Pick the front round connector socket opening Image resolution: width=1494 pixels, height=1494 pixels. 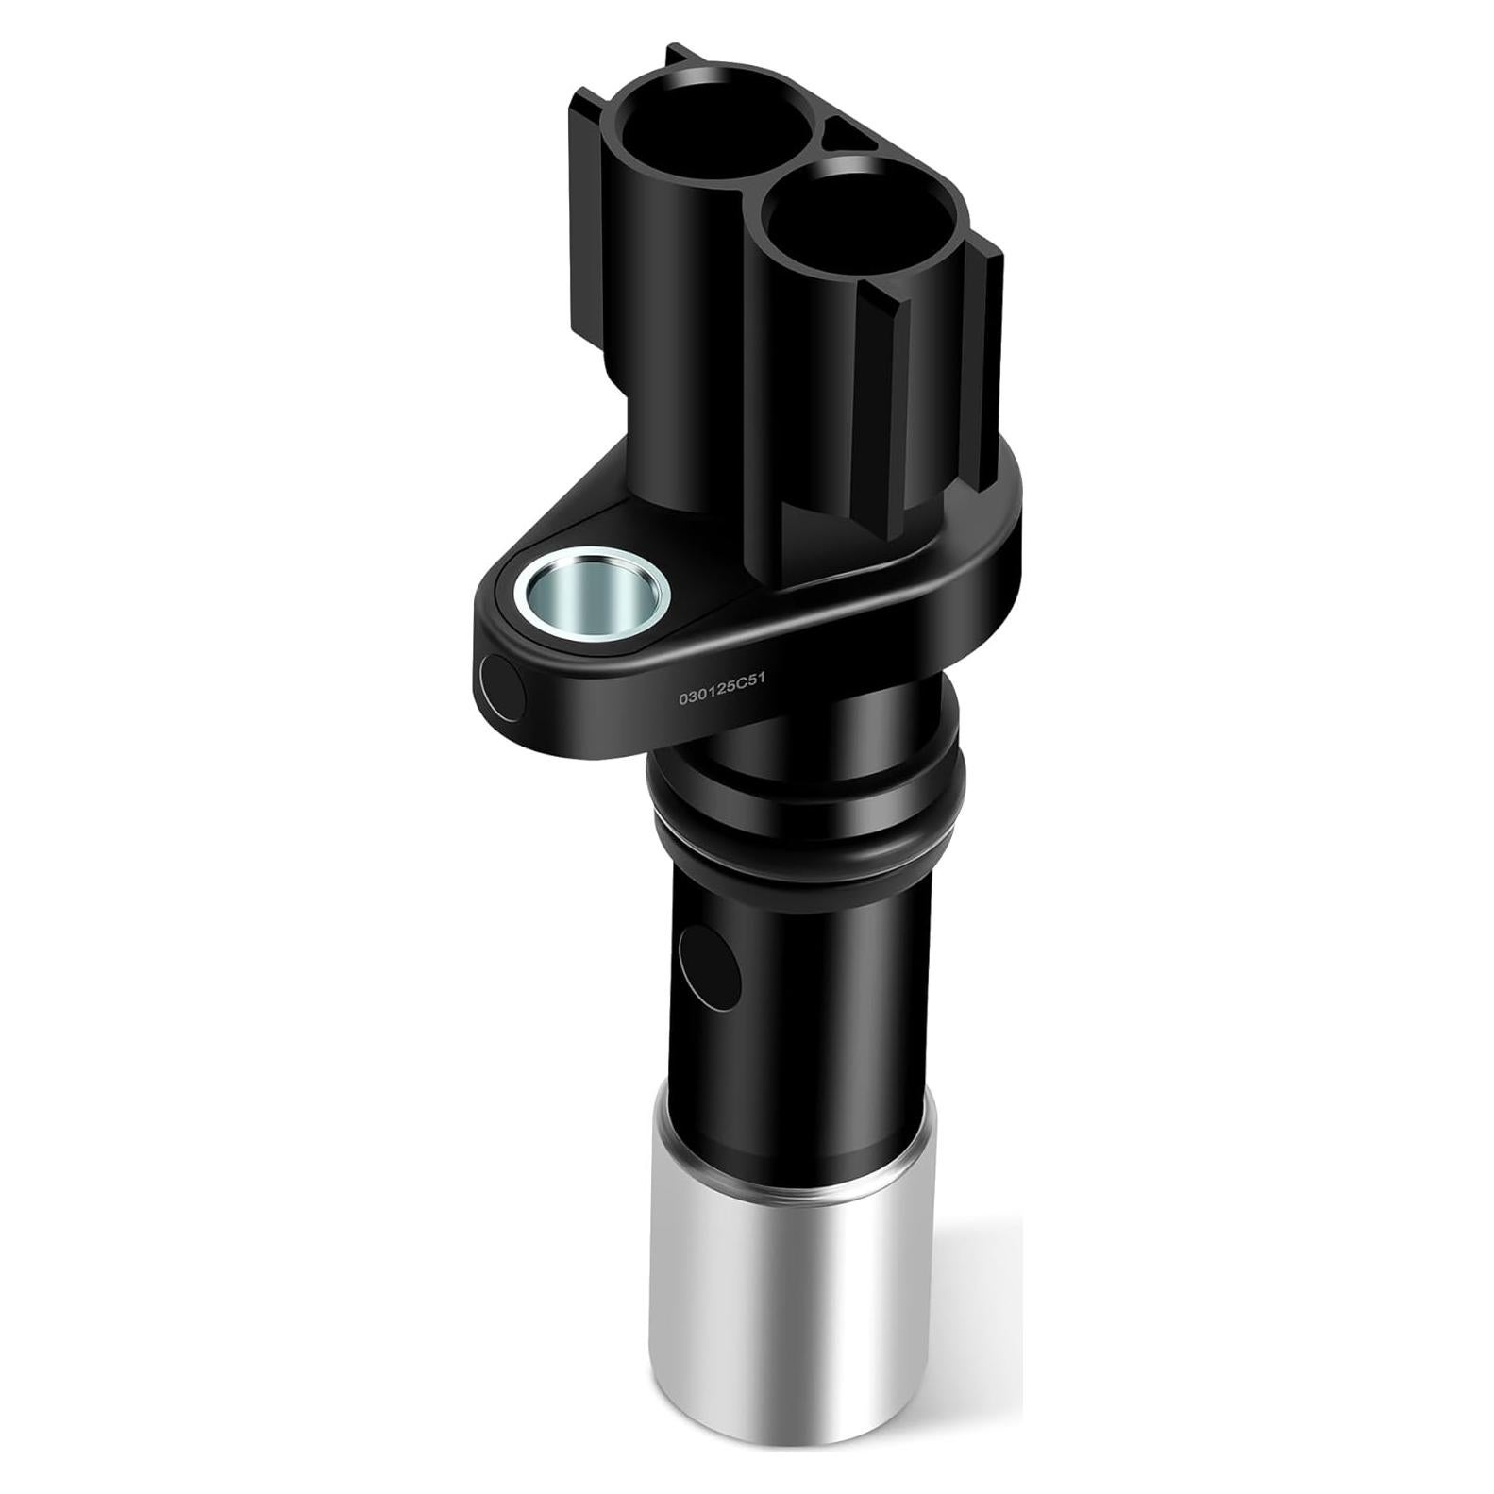839,223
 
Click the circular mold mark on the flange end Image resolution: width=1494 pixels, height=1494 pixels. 500,686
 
